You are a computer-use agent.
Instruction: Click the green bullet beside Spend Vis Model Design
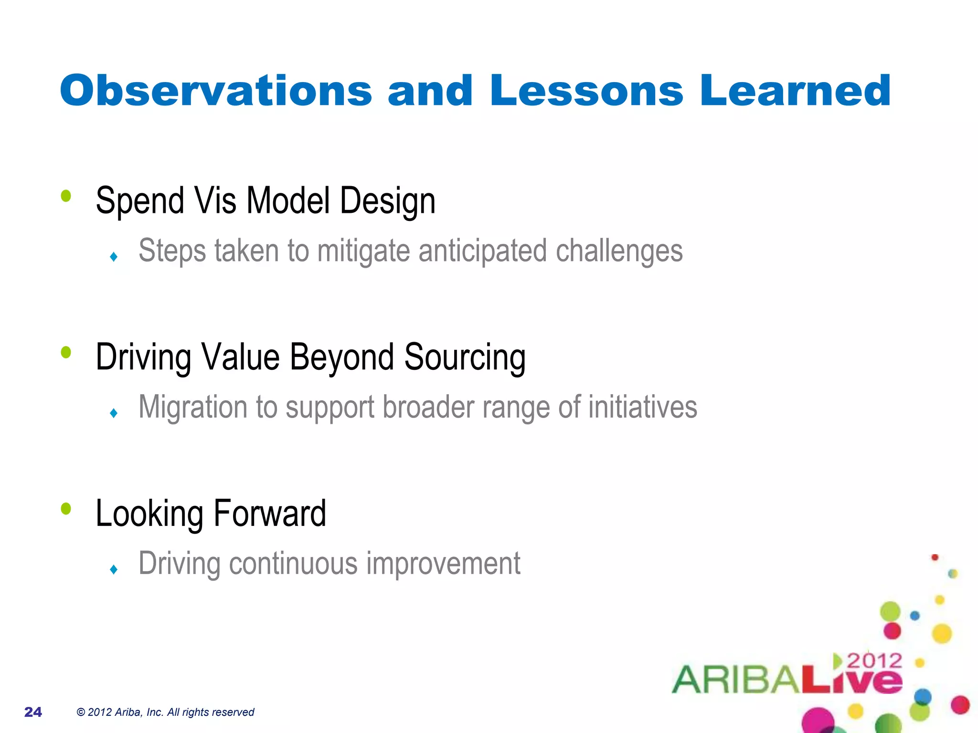[66, 196]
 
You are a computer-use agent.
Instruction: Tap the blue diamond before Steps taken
[114, 257]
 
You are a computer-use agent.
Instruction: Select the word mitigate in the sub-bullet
[363, 251]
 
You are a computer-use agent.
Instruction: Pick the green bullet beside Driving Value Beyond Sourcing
[66, 352]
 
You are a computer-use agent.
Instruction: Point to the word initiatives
[642, 408]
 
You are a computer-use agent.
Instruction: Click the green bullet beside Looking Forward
[66, 509]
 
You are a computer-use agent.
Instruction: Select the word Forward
[269, 514]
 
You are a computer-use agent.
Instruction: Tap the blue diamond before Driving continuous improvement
[114, 569]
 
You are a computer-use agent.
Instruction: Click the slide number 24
[33, 712]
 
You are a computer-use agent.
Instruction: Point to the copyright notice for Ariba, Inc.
[165, 712]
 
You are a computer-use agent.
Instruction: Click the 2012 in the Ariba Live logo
[874, 661]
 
